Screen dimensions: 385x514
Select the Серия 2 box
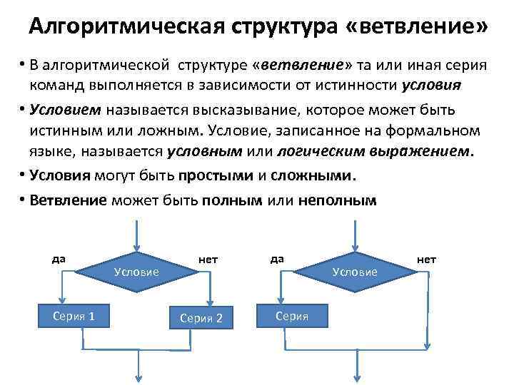(x=201, y=317)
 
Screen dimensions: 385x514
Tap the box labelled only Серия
(x=292, y=315)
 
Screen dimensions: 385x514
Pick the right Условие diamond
(x=356, y=270)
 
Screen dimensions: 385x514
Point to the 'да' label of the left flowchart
(x=59, y=258)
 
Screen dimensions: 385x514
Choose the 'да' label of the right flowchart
(x=277, y=258)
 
